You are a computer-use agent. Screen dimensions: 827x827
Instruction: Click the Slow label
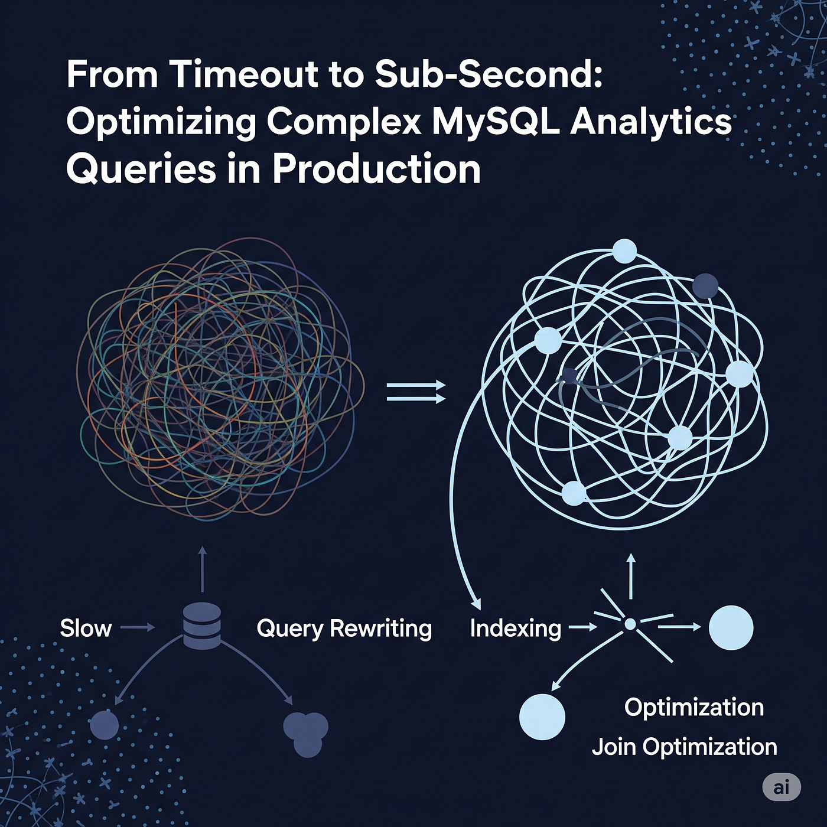pos(86,629)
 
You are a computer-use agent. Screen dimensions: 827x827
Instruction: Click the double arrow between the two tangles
pos(416,392)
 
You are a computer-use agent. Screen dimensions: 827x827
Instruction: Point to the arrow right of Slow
pos(137,628)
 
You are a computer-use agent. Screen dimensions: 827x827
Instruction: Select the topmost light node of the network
pos(624,251)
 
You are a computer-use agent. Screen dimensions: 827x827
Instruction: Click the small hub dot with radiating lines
pos(630,624)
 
